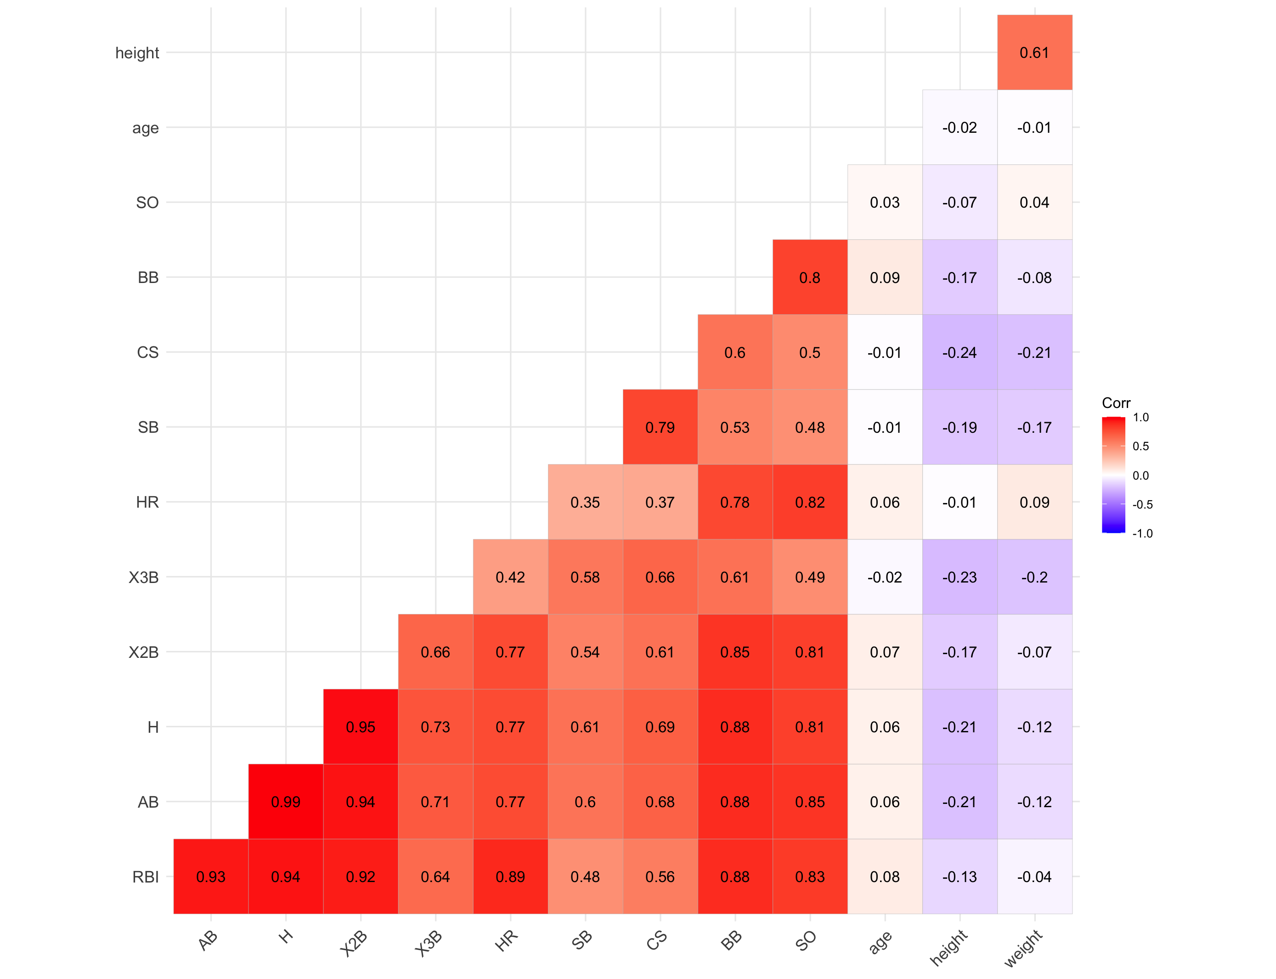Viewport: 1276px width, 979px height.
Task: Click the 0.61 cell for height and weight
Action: (1034, 52)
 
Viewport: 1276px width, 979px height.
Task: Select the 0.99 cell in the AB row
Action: (286, 802)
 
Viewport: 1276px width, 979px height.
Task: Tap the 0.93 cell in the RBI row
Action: (210, 877)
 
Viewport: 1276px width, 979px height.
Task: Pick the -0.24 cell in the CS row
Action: (959, 352)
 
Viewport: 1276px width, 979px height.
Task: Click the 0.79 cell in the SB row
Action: (660, 427)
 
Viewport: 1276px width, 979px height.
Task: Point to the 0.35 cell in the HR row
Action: (585, 502)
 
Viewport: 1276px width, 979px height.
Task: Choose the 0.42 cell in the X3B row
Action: (510, 577)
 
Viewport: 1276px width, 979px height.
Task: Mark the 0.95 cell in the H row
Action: (360, 727)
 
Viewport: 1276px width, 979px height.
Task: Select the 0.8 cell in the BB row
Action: (809, 277)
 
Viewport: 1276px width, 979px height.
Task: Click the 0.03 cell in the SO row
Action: (885, 202)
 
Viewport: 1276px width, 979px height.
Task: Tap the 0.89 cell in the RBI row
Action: (510, 877)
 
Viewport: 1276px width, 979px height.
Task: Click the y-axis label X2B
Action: (143, 652)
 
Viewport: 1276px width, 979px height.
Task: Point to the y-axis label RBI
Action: (145, 877)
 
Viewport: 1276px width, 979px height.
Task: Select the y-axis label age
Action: (145, 128)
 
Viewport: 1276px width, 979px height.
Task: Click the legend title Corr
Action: (1116, 403)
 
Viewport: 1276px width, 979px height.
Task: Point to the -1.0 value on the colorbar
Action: (1142, 533)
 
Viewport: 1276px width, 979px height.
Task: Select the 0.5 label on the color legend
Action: (1140, 447)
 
